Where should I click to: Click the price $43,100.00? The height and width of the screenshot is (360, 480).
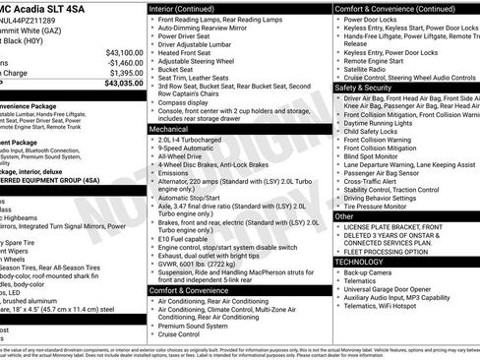tap(124, 52)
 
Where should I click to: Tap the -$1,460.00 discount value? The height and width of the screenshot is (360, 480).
tap(124, 62)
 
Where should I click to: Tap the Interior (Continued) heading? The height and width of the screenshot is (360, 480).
tap(190, 8)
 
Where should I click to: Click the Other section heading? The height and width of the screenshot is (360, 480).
tap(344, 215)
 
